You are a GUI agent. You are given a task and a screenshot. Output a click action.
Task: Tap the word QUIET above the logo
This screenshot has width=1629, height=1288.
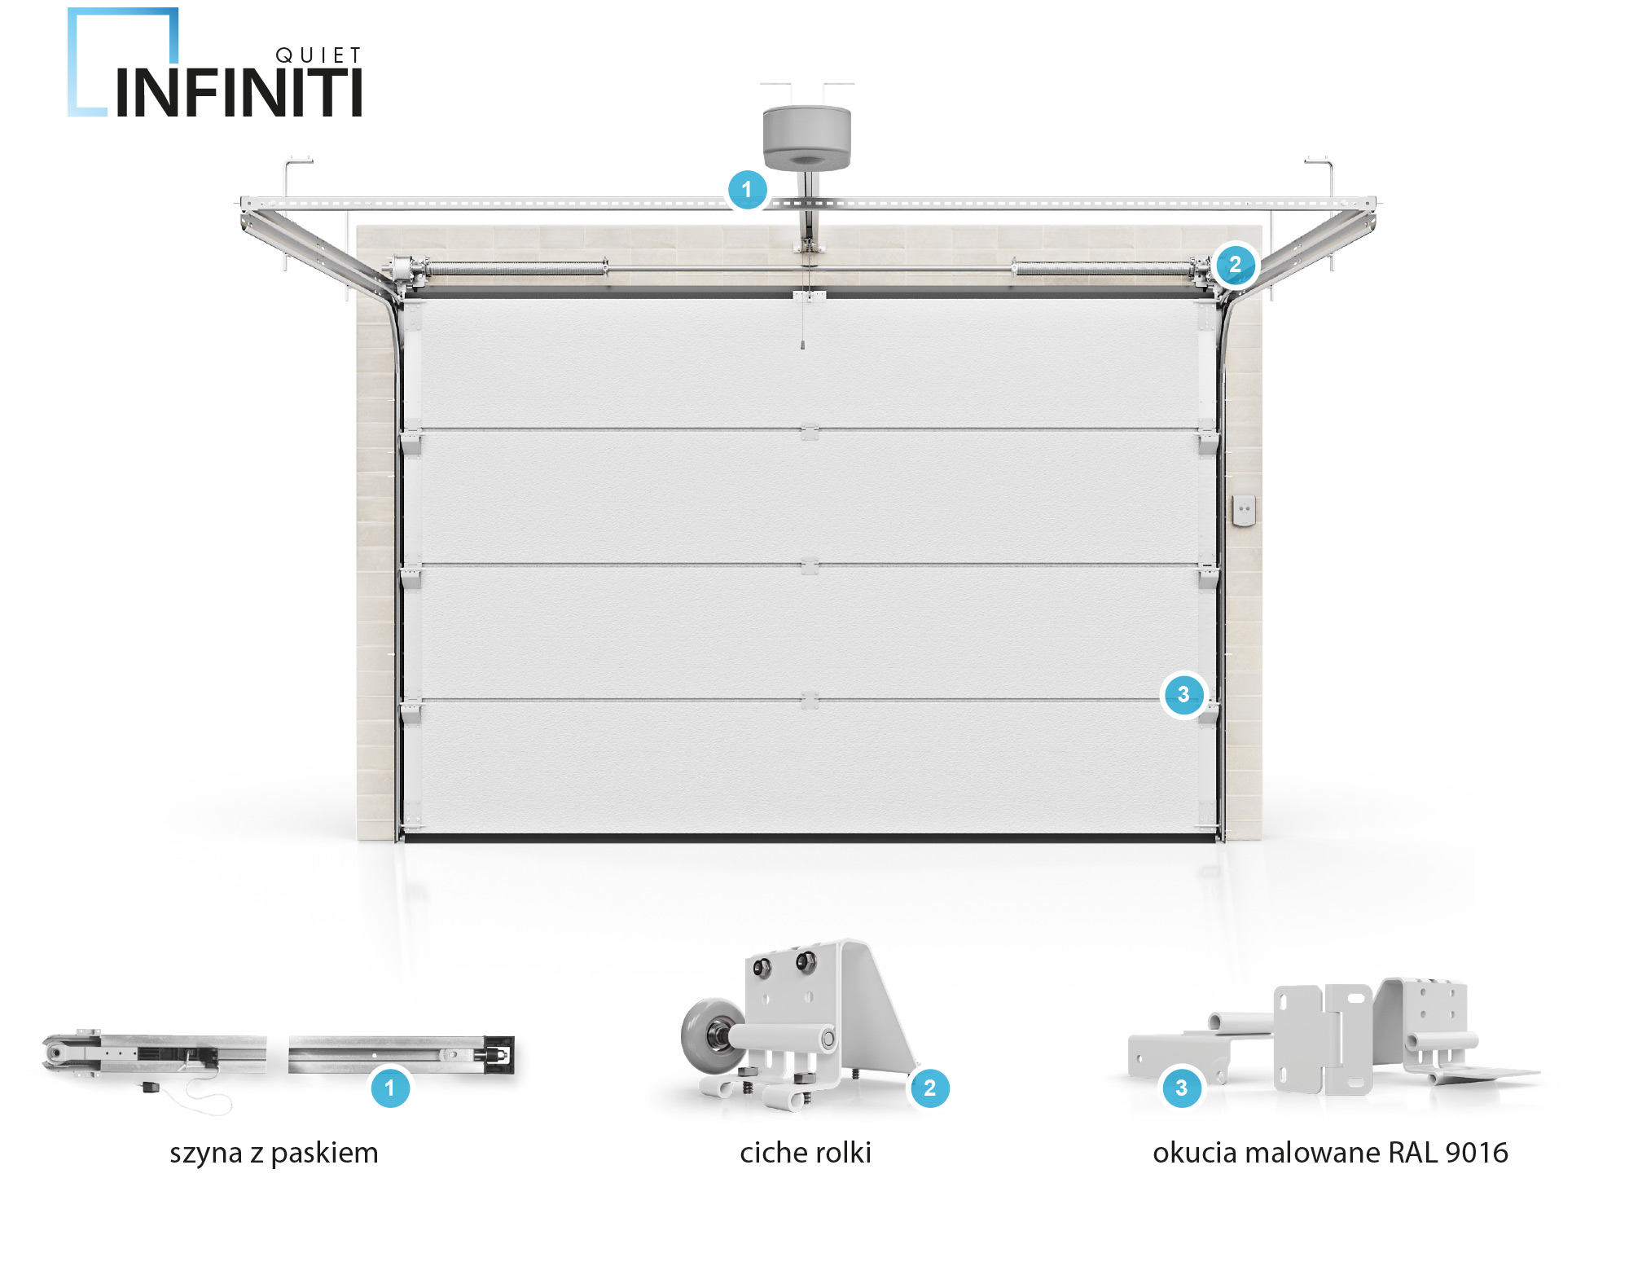click(318, 55)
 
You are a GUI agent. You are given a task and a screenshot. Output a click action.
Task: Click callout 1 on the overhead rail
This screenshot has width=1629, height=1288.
click(747, 190)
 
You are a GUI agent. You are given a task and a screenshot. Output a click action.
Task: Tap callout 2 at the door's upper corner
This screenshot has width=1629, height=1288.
click(1235, 265)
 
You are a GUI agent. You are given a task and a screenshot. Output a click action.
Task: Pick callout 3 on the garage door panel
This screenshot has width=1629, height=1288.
click(1183, 695)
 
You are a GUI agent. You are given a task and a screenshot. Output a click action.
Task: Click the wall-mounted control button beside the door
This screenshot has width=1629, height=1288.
click(1243, 510)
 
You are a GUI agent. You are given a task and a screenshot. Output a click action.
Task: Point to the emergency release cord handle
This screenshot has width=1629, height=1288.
click(803, 345)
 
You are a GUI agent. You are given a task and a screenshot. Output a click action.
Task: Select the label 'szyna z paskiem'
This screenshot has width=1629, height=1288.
click(274, 1154)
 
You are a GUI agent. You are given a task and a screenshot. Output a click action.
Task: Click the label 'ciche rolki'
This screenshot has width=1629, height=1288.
click(805, 1154)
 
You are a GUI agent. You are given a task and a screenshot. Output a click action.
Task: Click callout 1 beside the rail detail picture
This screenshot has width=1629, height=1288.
click(389, 1088)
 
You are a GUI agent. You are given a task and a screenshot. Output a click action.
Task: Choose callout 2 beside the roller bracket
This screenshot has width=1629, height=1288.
click(929, 1088)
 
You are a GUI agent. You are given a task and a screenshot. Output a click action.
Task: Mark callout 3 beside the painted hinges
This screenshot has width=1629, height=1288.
click(1181, 1088)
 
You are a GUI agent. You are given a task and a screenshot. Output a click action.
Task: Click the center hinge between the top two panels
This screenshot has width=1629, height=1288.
click(809, 433)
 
